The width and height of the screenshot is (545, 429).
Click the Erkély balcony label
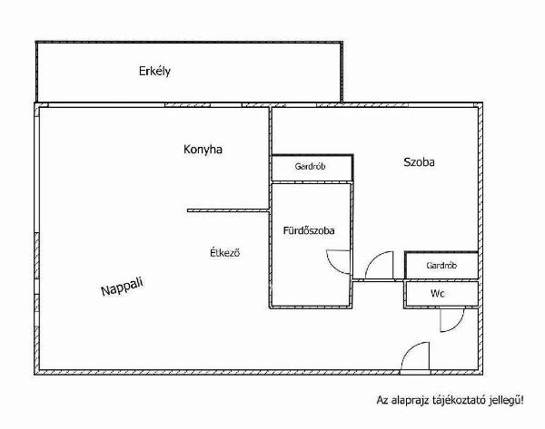[154, 71]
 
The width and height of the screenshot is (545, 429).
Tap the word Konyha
[203, 150]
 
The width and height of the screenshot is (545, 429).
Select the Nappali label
[122, 287]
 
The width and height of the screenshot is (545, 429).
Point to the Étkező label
[225, 252]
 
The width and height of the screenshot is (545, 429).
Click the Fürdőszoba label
[309, 230]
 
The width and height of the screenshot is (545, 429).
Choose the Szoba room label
[419, 162]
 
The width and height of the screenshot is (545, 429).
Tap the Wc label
[437, 294]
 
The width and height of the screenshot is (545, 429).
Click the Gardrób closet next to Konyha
[310, 167]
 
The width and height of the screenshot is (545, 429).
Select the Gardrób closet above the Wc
[441, 266]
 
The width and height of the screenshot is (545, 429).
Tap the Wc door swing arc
[458, 326]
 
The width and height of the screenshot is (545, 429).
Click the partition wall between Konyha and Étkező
[228, 210]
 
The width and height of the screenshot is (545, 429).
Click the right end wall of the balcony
[342, 72]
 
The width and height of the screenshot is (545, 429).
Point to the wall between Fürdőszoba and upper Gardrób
[312, 182]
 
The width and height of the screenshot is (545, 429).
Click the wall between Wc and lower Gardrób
[441, 280]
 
